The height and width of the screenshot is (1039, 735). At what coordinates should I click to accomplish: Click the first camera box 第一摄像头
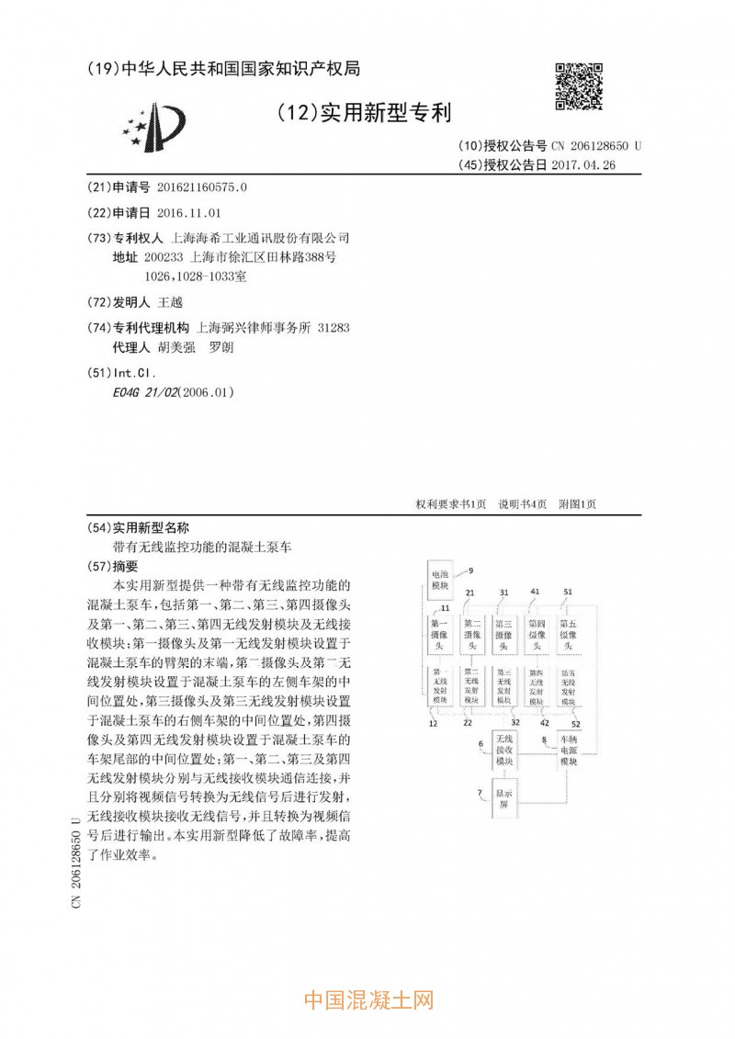439,635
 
